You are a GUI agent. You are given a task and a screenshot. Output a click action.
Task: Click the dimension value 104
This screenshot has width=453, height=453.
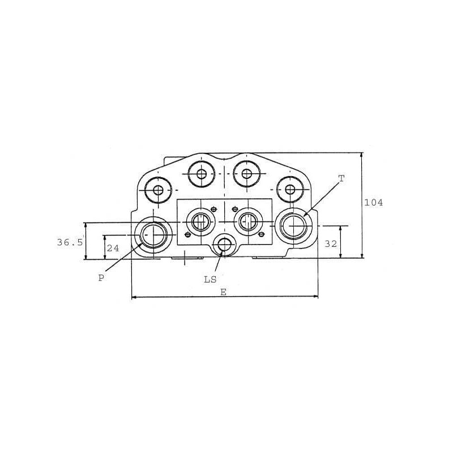coord(373,203)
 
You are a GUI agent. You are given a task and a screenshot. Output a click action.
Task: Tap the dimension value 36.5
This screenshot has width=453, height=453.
coord(70,242)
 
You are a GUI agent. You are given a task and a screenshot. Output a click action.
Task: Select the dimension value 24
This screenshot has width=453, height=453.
coord(113,248)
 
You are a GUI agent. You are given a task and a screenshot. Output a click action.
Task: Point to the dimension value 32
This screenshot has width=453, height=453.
coord(331,244)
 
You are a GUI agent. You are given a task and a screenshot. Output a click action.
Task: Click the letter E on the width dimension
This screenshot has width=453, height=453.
coord(223,292)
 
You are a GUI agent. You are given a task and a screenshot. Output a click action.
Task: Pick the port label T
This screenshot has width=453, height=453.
coord(341,178)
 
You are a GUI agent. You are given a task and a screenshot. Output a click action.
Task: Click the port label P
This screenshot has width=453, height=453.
coord(101,278)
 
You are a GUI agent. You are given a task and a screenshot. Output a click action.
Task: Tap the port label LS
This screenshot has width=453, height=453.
coord(210,280)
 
